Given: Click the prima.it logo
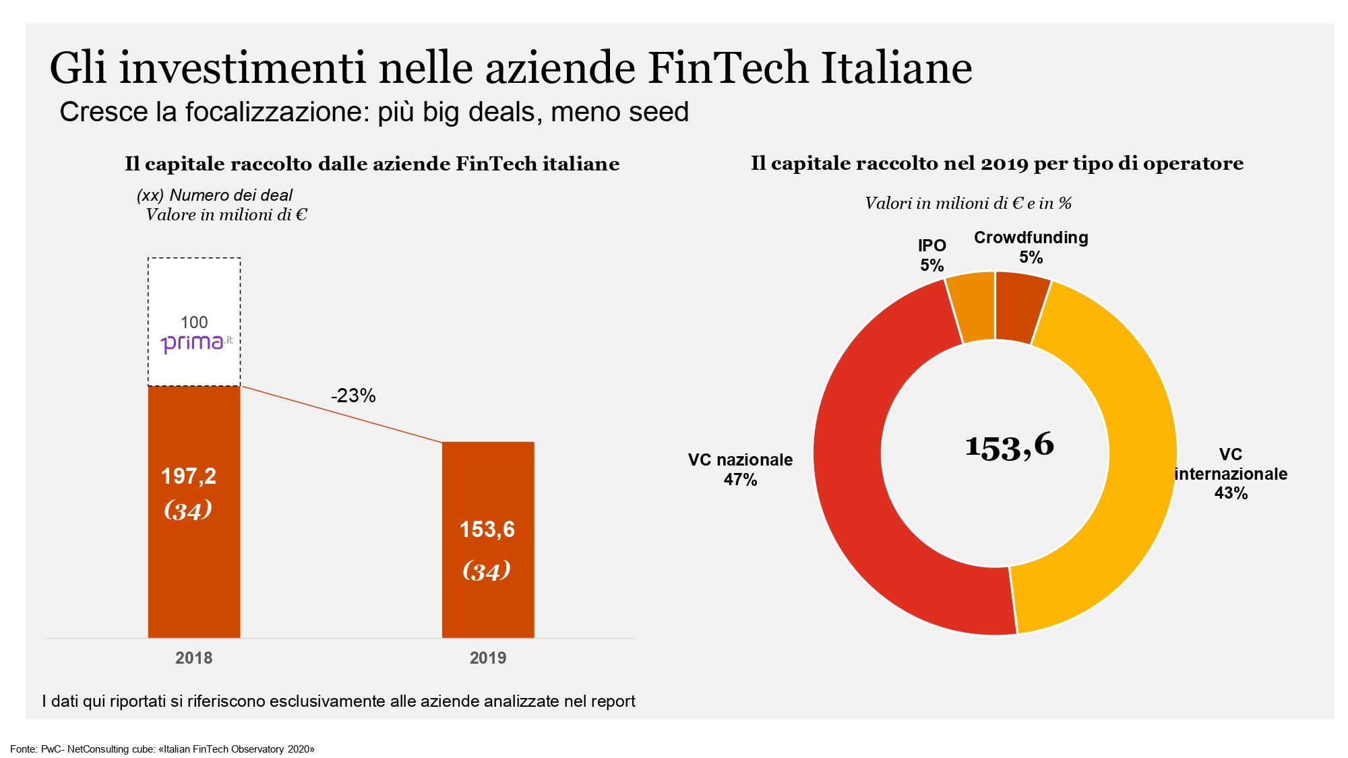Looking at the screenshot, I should [196, 344].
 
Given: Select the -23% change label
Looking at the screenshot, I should [353, 396].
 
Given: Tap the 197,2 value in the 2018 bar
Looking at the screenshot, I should [189, 476].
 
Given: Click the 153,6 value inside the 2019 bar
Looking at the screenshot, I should [487, 530].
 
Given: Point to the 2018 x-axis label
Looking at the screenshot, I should [193, 658].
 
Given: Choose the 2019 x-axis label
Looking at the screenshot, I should [487, 658].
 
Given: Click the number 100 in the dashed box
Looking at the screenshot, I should [194, 322].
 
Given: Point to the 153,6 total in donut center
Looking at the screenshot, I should [1009, 445].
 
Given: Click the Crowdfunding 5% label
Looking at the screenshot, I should [1031, 247].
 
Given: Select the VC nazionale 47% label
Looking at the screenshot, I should [740, 470].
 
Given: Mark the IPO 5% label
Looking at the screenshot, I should [932, 255].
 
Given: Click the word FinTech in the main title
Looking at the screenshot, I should [728, 68].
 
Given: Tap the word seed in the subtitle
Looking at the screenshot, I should [664, 113].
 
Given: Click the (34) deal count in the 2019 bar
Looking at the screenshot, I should [487, 571].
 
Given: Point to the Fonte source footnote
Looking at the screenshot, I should [162, 749].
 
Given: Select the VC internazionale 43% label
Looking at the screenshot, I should [1231, 474].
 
